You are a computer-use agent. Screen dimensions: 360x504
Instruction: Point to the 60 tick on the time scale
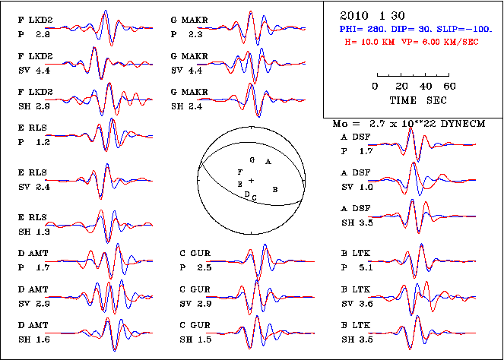click(x=449, y=86)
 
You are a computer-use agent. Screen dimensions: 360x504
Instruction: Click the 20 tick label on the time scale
click(x=400, y=86)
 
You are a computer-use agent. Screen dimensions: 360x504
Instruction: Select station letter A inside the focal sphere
click(x=267, y=162)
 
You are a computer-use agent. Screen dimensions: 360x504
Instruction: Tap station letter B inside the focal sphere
click(x=275, y=188)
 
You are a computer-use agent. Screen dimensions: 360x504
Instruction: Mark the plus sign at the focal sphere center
click(x=251, y=180)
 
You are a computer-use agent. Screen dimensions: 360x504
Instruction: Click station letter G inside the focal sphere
click(x=252, y=160)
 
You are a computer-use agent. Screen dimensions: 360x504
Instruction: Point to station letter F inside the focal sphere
click(x=240, y=173)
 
